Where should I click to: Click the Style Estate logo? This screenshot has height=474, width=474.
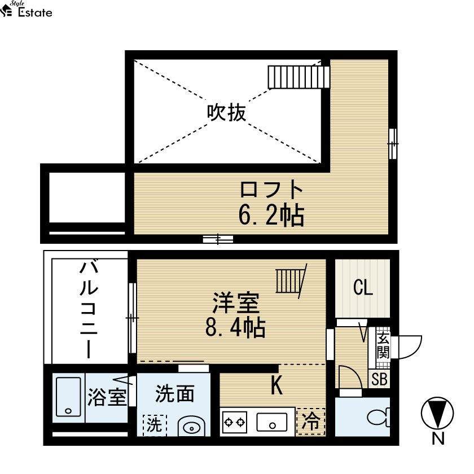tap(27, 10)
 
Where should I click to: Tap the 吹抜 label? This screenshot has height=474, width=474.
tap(226, 112)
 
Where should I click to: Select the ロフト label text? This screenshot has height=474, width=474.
tap(271, 190)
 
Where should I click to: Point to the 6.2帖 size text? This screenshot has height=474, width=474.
tap(271, 215)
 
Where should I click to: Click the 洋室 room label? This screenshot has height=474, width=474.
tap(236, 302)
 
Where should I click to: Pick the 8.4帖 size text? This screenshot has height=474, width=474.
tap(235, 327)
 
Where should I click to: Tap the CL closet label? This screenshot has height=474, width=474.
tap(363, 287)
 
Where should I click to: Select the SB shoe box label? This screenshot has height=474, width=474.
tap(379, 379)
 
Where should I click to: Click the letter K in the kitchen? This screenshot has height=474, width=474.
tap(276, 384)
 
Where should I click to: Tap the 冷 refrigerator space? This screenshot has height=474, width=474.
tap(311, 422)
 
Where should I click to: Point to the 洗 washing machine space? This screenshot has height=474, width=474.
tap(155, 425)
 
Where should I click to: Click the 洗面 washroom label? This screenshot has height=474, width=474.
tap(174, 394)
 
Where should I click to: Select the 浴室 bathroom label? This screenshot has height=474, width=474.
tap(107, 397)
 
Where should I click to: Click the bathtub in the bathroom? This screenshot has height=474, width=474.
tap(69, 397)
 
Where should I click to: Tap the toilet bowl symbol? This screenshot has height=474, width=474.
tap(379, 417)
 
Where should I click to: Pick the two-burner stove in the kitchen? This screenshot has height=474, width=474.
tap(235, 422)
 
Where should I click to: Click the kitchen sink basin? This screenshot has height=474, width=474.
tap(272, 422)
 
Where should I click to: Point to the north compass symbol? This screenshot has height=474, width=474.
tap(437, 413)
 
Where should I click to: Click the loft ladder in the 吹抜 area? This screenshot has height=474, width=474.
tap(299, 77)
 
